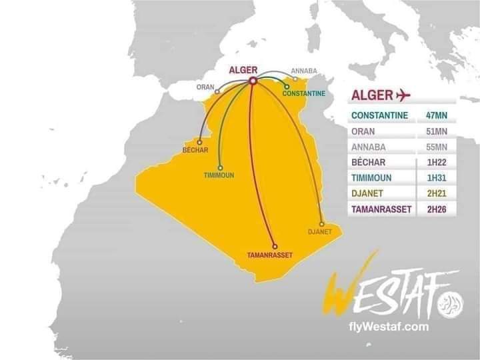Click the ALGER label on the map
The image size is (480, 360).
click(243, 70)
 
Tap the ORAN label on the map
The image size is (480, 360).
click(205, 87)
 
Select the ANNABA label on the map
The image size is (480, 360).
click(304, 70)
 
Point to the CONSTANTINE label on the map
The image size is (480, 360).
click(304, 93)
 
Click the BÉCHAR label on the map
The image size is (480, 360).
click(195, 150)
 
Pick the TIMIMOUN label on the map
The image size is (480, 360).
click(219, 175)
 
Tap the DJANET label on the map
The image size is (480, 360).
click(319, 232)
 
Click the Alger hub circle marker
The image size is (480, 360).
click(253, 81)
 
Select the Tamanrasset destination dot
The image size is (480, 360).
click(275, 246)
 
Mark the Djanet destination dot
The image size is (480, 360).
click(321, 224)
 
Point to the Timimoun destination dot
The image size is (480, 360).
click(220, 167)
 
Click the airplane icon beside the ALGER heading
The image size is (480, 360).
click(403, 95)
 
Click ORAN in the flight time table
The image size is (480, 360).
click(363, 131)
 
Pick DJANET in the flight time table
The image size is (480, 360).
click(367, 193)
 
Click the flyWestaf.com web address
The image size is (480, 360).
click(389, 327)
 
